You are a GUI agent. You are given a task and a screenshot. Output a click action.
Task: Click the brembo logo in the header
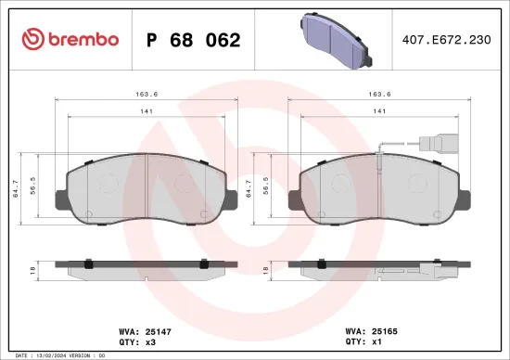[x=70, y=39]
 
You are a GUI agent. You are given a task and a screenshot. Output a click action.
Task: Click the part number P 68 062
[x=194, y=40]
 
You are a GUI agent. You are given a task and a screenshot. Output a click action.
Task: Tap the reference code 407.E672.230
[x=446, y=40]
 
